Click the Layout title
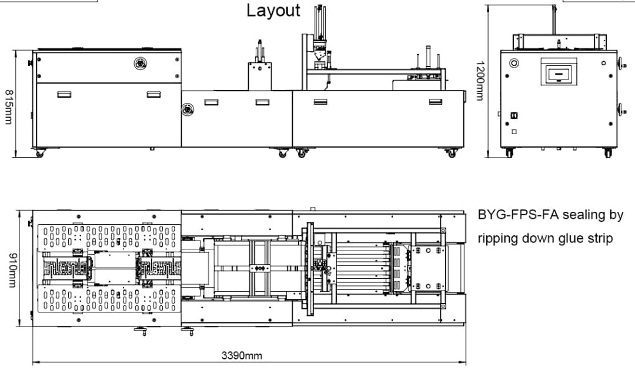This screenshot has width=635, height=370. (273, 11)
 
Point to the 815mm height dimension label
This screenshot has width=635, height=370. (9, 107)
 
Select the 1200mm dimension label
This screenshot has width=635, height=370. (480, 81)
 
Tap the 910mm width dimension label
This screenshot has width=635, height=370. (12, 271)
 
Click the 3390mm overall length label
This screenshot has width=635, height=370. (242, 356)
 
